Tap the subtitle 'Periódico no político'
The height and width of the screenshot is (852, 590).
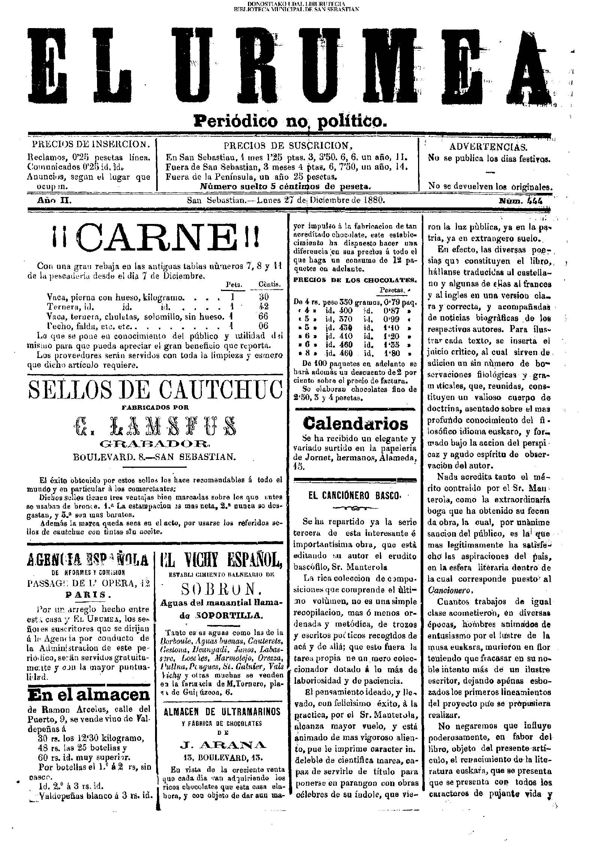(x=289, y=121)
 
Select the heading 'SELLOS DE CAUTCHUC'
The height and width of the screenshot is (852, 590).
(x=155, y=390)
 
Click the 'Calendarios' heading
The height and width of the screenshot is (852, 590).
(x=355, y=424)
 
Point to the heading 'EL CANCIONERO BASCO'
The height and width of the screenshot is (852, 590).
(x=354, y=495)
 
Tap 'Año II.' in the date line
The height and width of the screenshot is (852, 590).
(x=54, y=201)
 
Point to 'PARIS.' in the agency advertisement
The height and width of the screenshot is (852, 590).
(x=88, y=594)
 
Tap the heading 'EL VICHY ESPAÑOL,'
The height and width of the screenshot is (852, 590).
(x=221, y=561)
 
